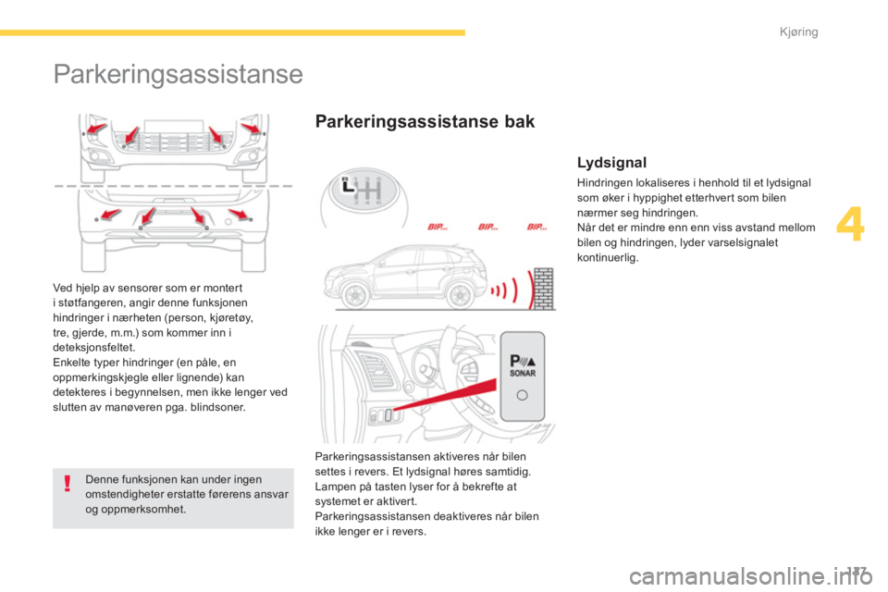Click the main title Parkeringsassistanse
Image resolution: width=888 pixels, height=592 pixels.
(178, 75)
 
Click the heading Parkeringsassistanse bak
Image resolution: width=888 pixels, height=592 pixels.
(425, 121)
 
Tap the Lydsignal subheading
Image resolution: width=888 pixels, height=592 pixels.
(611, 163)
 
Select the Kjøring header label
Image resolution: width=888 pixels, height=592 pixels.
(798, 32)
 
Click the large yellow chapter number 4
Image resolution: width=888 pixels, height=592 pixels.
(850, 225)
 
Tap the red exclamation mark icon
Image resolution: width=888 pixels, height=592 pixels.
(68, 483)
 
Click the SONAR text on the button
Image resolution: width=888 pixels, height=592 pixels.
(523, 374)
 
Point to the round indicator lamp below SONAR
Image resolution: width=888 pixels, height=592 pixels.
(522, 395)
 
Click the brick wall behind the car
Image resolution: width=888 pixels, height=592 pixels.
(544, 289)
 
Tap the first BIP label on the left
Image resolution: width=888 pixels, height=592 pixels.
(438, 227)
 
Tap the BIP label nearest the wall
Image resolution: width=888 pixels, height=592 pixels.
(536, 227)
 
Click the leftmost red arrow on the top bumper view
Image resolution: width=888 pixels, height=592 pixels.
(95, 128)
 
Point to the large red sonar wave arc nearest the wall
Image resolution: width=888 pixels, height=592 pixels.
(530, 290)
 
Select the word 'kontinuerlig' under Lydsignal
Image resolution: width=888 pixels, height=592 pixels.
(608, 258)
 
